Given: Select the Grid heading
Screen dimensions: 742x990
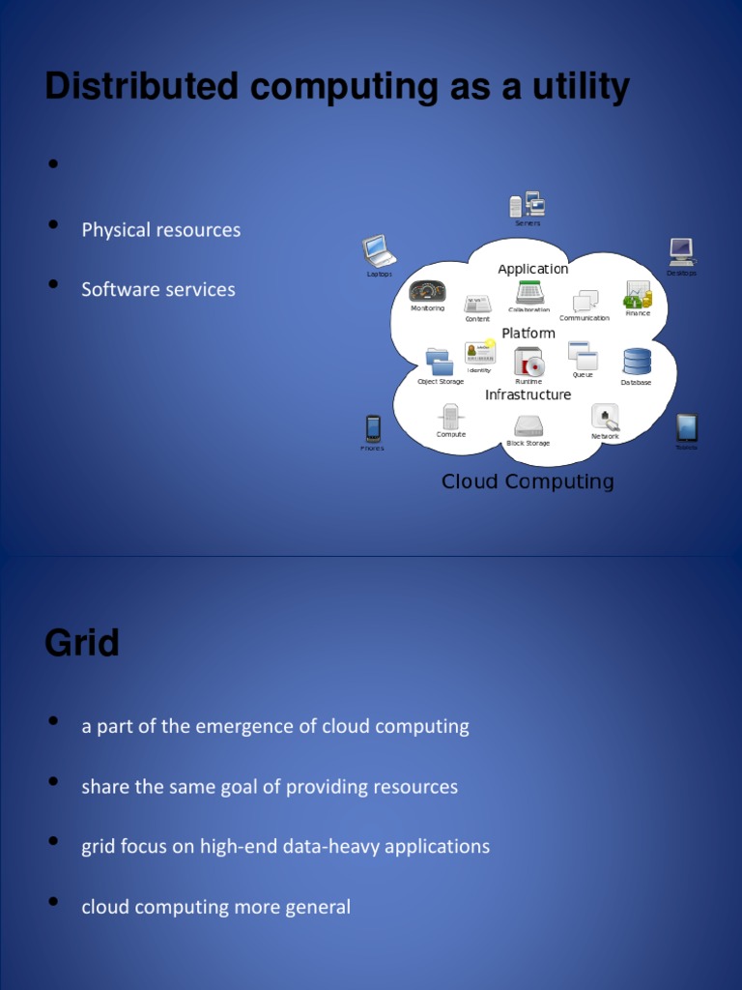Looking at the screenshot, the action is (x=82, y=643).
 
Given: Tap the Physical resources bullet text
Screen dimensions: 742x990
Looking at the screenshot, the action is (x=160, y=230).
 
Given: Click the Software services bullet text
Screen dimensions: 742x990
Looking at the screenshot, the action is (x=157, y=290).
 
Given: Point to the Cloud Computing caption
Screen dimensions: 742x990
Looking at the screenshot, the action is (x=528, y=481).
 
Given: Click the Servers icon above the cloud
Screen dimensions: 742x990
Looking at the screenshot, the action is (x=528, y=205).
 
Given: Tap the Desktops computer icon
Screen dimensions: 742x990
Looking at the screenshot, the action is (x=681, y=251).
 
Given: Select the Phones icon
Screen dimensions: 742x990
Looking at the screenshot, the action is (x=373, y=427).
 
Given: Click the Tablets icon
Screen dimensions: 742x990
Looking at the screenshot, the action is (x=686, y=426).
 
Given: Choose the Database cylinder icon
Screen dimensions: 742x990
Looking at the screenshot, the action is (x=637, y=362).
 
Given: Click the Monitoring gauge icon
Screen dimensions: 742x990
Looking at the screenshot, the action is (x=427, y=291).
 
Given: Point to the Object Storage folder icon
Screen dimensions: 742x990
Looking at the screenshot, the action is (x=440, y=362).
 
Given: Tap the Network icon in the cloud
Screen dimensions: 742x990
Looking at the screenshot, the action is (x=605, y=417).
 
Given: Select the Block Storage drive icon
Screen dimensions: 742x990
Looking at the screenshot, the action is (x=528, y=425).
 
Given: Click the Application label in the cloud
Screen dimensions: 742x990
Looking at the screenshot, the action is (x=533, y=269).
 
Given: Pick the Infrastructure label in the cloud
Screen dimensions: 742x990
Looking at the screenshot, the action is (x=528, y=394).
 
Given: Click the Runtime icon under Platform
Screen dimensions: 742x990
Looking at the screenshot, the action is (x=528, y=362).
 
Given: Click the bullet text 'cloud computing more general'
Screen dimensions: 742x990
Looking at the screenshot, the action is (x=215, y=907).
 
